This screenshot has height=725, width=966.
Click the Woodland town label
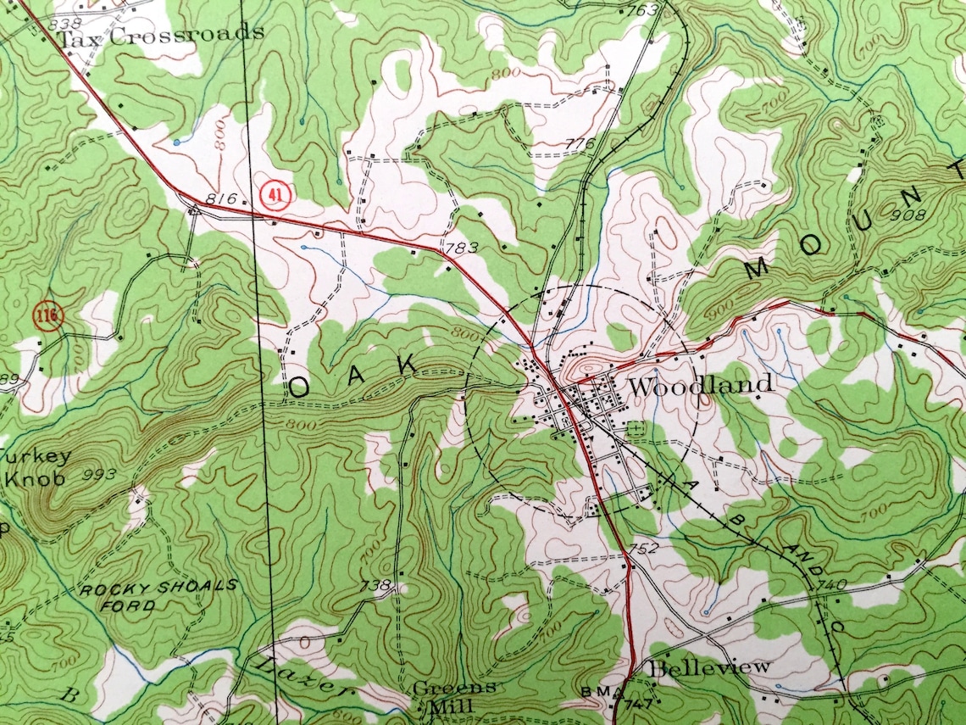[x=701, y=385]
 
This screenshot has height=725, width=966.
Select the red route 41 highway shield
[x=274, y=193]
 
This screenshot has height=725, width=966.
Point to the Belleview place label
[x=710, y=667]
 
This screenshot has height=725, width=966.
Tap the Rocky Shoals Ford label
[x=158, y=596]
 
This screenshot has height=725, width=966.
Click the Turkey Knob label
[x=34, y=467]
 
